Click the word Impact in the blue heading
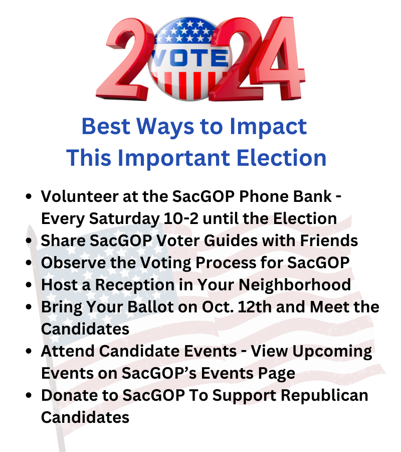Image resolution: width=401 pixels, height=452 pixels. point(268,127)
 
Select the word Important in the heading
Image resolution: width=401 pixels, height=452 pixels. point(174,158)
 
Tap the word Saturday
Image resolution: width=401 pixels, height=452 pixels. point(124,219)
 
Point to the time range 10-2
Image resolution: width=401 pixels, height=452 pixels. point(181,218)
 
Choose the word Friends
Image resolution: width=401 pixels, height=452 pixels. point(329,241)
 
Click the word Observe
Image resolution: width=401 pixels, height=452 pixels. point(73,263)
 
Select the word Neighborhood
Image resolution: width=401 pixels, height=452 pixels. point(295,285)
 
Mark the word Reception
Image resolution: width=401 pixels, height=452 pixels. point(135,285)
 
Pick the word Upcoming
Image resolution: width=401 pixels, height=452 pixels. point(332,352)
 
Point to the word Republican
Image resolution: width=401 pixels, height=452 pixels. point(324,396)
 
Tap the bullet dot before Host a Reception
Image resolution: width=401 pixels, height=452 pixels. point(29,285)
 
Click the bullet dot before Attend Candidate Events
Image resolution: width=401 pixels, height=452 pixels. point(29,351)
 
